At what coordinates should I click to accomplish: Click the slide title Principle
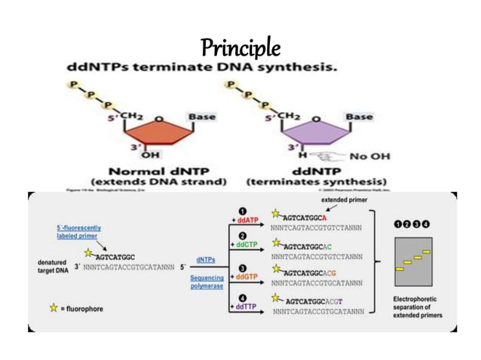[x=240, y=48]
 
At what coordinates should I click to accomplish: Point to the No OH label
[x=368, y=156]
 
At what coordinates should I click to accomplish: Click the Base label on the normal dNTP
[x=201, y=117]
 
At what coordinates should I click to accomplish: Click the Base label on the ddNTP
[x=357, y=117]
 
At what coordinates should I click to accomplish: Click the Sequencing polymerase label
[x=207, y=282]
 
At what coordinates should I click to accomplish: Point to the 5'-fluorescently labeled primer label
[x=78, y=231]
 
